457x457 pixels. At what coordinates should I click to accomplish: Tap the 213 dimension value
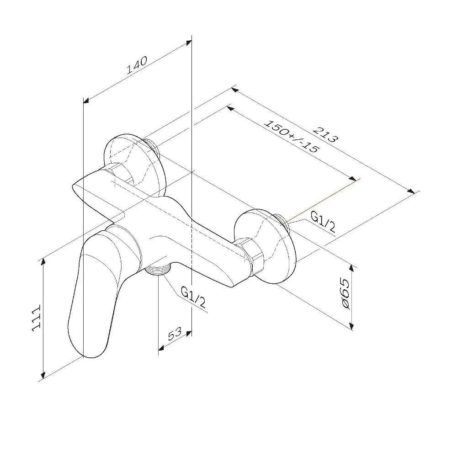pos(326,134)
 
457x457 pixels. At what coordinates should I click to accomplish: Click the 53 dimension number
pos(175,334)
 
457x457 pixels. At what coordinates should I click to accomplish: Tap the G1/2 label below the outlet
pos(193,297)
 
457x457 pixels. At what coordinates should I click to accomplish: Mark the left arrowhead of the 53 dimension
pos(162,347)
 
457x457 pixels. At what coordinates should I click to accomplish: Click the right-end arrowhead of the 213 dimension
pos(411,191)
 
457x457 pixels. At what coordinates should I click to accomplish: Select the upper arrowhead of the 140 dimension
pos(188,43)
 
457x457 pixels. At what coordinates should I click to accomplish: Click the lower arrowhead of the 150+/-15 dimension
pos(352,179)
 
